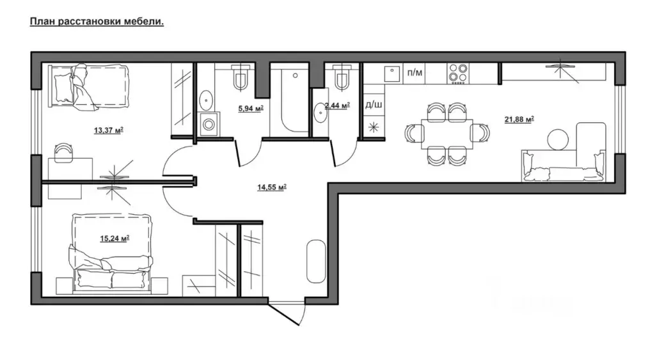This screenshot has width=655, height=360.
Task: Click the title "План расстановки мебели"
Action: point(97,22)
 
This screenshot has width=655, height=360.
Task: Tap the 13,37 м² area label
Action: point(109,130)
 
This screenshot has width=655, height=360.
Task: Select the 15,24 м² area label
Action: point(114,239)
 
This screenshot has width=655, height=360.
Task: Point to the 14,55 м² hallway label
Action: point(271,187)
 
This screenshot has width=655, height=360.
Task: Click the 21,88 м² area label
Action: point(519,120)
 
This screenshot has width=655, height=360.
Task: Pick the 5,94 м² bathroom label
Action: point(251,109)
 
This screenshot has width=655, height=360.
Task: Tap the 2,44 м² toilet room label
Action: point(337,106)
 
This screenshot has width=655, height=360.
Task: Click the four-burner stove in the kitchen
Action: point(458,74)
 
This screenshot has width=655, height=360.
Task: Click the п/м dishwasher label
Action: point(414,73)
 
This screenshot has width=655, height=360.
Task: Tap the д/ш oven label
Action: point(374,104)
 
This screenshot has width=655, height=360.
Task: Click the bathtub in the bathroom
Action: point(295,99)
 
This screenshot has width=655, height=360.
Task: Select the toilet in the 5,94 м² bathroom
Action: point(241,77)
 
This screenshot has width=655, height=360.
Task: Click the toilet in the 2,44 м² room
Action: point(342,77)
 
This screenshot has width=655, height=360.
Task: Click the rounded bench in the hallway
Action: point(316,262)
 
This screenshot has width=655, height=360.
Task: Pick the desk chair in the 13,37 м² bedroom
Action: point(63,152)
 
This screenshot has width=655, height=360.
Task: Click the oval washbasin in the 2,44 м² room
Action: point(320,113)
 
